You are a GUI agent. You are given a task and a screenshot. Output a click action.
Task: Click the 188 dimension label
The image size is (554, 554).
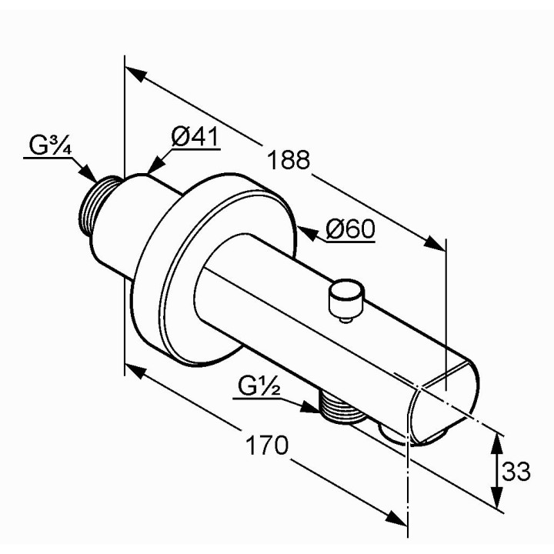tap(289, 160)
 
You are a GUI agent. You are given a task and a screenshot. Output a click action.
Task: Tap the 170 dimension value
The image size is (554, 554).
tap(267, 445)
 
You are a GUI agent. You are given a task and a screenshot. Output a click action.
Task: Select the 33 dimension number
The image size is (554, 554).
tap(516, 471)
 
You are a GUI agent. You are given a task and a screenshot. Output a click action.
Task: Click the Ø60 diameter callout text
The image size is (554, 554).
tap(350, 229)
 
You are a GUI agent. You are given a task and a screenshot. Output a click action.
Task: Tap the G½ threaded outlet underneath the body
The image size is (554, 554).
tap(341, 407)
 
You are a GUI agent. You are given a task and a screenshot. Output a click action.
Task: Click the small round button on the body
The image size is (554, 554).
tap(346, 299)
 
